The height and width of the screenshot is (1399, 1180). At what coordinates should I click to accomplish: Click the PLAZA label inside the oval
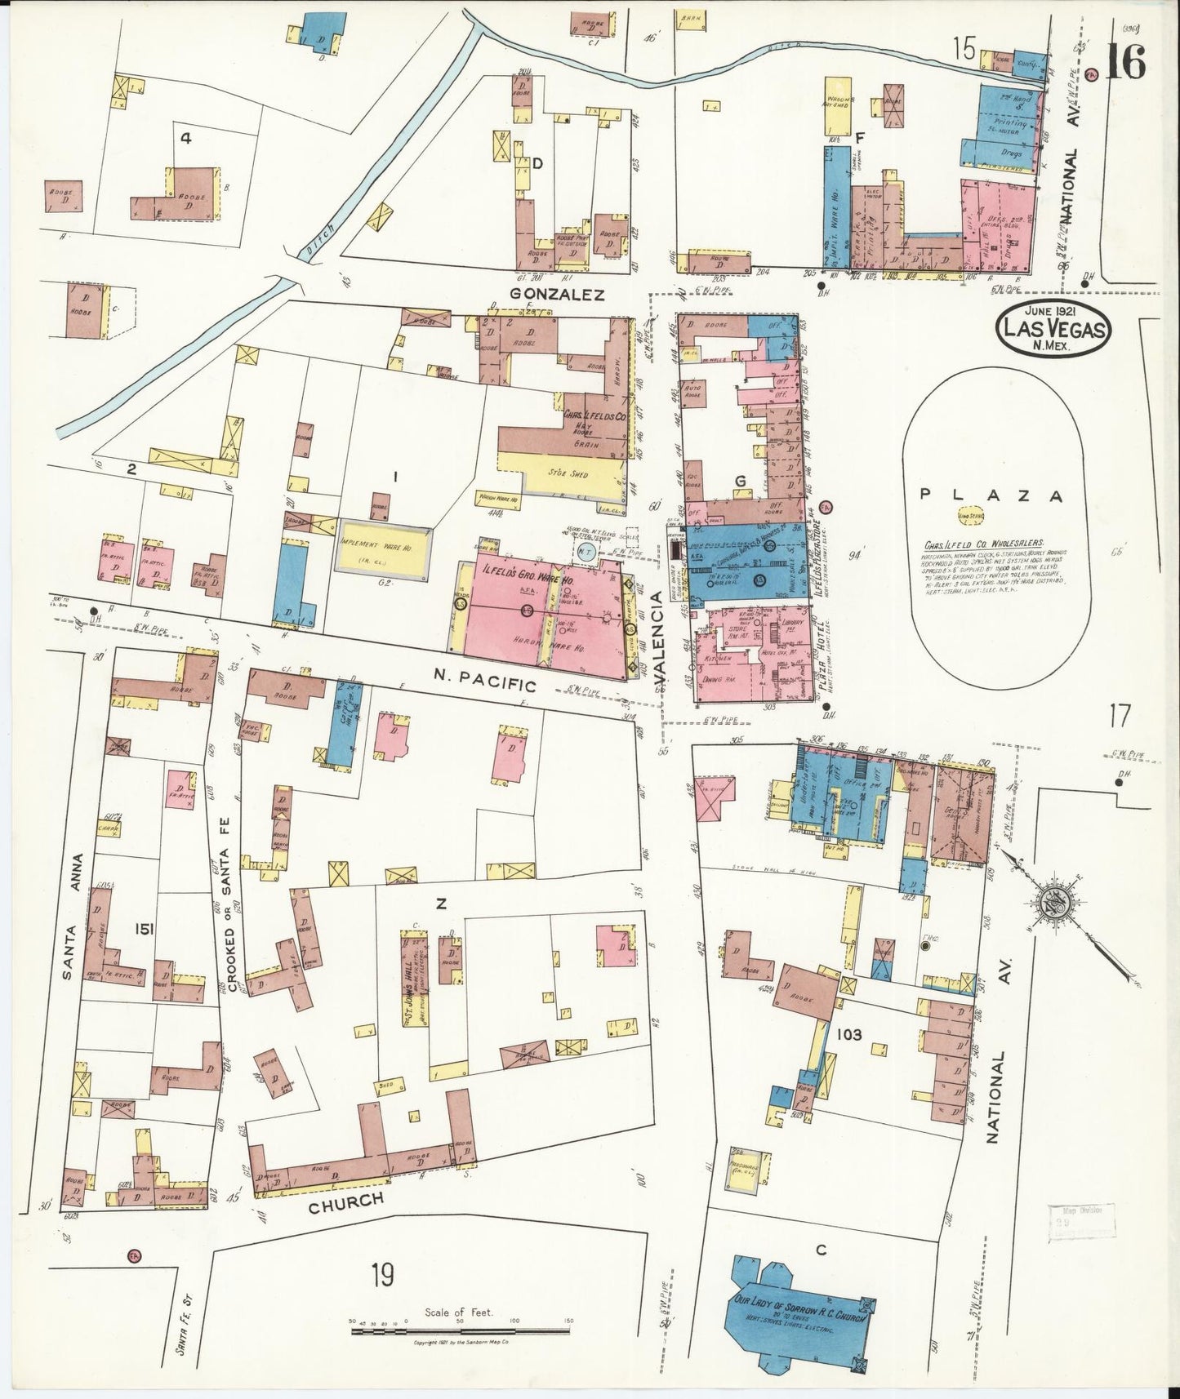coord(991,494)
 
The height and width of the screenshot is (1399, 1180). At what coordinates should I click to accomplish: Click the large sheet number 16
coord(1125,61)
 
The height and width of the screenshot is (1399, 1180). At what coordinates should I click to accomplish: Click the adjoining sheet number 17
coord(1119,716)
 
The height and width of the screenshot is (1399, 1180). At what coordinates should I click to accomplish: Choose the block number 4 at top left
coord(185,138)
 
